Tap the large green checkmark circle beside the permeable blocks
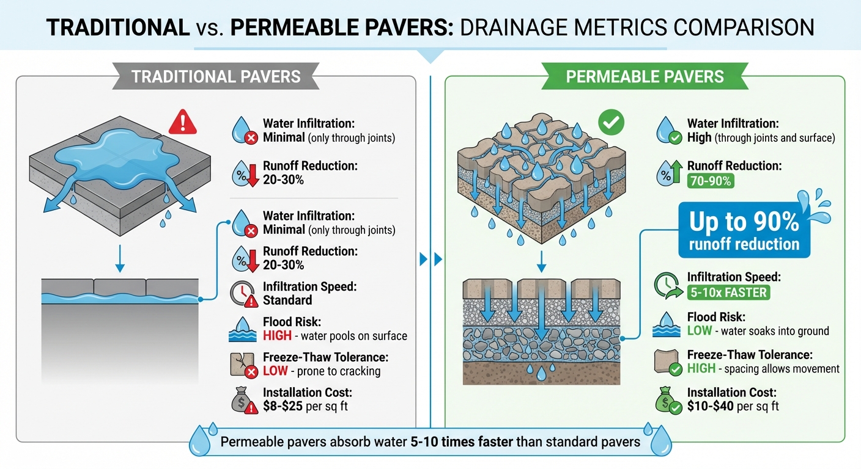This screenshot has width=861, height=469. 612,123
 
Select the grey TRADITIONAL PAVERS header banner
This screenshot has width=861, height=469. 216,76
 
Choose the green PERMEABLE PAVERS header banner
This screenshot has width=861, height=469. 645,76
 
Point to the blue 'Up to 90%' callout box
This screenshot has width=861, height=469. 744,231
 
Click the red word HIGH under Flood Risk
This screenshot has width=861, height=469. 276,335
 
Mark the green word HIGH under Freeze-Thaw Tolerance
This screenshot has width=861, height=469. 702,368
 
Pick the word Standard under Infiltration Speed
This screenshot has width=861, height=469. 287,300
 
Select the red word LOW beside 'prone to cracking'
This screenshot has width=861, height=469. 275,371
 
